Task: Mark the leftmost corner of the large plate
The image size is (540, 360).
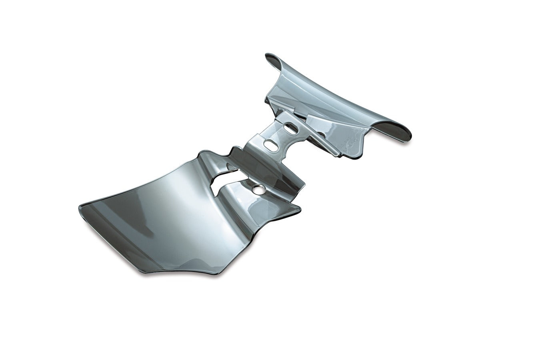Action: point(78,208)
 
